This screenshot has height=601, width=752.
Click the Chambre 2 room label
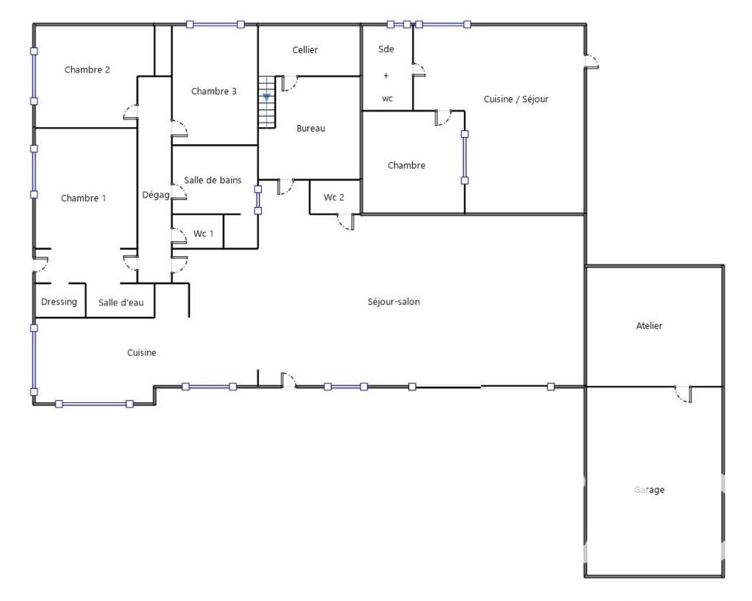pyautogui.click(x=87, y=70)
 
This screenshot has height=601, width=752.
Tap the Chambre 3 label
pyautogui.click(x=213, y=91)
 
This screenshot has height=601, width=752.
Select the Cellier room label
pyautogui.click(x=304, y=50)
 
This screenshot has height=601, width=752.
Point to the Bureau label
pyautogui.click(x=310, y=128)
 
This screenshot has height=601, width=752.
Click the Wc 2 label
pyautogui.click(x=333, y=197)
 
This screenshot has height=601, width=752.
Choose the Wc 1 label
pyautogui.click(x=203, y=234)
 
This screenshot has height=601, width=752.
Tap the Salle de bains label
pyautogui.click(x=212, y=180)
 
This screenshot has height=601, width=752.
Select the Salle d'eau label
pyautogui.click(x=121, y=302)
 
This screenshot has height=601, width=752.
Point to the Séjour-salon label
pyautogui.click(x=394, y=302)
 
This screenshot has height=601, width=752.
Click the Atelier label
pyautogui.click(x=649, y=325)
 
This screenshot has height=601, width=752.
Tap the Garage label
pyautogui.click(x=649, y=489)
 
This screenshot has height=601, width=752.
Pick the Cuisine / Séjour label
pyautogui.click(x=516, y=99)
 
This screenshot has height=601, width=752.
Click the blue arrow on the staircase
pyautogui.click(x=267, y=97)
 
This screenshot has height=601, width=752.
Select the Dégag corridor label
pyautogui.click(x=155, y=195)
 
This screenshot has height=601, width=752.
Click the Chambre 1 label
pyautogui.click(x=83, y=198)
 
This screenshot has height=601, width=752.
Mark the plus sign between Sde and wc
pyautogui.click(x=386, y=76)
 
